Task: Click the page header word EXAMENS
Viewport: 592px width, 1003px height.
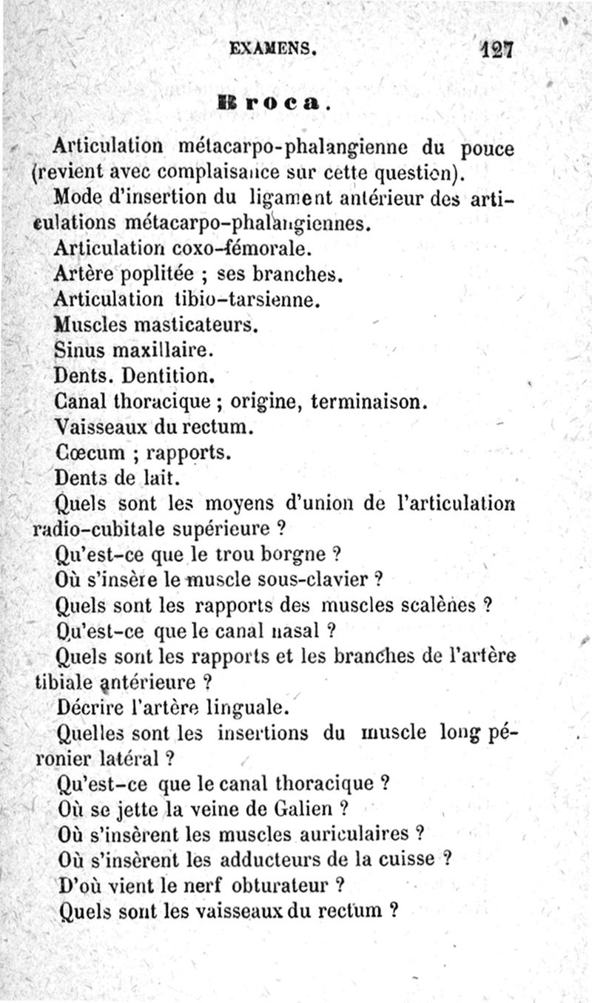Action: tap(273, 50)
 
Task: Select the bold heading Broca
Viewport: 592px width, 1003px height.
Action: tap(272, 102)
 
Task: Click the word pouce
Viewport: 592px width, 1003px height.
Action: tap(486, 149)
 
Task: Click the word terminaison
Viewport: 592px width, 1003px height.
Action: tap(368, 402)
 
